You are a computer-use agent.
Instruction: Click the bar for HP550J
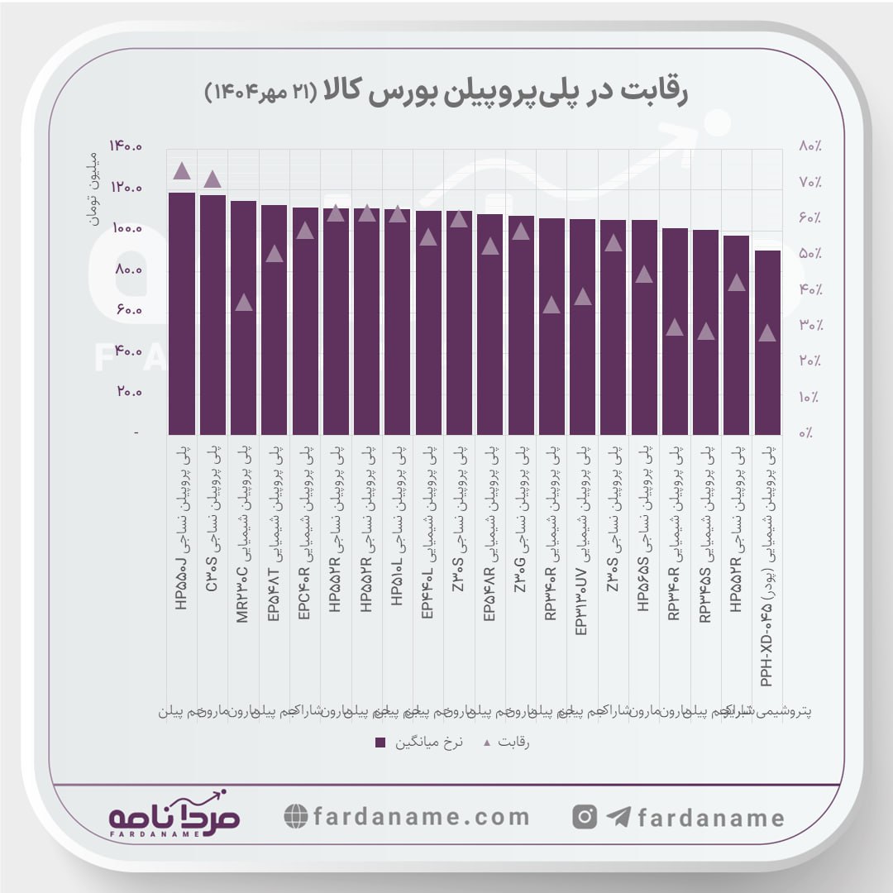point(182,314)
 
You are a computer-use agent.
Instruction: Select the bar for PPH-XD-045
point(767,342)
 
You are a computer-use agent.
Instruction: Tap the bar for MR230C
point(243,318)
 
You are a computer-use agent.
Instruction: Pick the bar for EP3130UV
point(583,327)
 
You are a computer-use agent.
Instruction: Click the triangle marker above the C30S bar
point(213,179)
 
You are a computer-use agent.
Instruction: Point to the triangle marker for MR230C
point(243,303)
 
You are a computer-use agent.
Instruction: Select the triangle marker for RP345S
point(705,332)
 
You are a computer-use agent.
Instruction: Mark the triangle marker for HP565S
point(644,275)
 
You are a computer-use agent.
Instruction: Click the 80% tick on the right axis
point(809,146)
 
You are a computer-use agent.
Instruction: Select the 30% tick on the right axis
point(809,326)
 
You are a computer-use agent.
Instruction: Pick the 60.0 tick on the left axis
point(127,310)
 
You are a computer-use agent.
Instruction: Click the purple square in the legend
point(380,743)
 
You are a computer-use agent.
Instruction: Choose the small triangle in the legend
point(486,743)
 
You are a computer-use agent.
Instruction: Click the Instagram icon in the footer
point(585,817)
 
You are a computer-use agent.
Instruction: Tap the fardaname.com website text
point(422,817)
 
